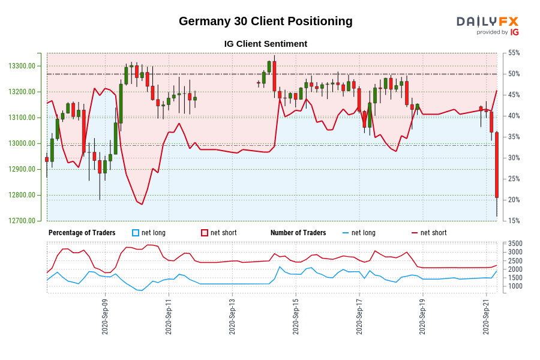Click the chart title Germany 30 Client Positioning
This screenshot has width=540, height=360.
coord(266,22)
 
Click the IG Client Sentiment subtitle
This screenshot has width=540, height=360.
coord(266,44)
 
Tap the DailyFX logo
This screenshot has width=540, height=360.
coord(488,25)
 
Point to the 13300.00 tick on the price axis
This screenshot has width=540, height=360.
coord(22,66)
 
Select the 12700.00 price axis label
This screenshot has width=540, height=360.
coord(22,221)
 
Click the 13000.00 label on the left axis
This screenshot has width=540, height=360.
coord(22,143)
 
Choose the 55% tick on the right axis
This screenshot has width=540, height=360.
coord(514,53)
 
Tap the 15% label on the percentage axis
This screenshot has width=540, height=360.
coord(514,221)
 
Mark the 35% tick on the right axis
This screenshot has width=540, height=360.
coord(514,137)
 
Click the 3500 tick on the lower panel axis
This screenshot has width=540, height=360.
coord(515,244)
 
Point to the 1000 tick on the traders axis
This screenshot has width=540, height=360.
coord(515,286)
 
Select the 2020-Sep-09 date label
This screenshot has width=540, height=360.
coord(105,317)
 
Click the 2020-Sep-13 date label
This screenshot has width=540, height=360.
coord(232,317)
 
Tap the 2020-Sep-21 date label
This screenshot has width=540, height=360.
coord(486,317)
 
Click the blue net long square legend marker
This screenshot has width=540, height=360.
coord(136,233)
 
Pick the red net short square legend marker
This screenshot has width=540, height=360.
coord(205,233)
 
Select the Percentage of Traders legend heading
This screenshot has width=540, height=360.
coord(82,233)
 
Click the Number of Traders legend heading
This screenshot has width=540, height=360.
coord(298,233)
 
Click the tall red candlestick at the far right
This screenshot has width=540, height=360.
coord(497,165)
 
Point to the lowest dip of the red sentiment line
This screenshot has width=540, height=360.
coord(142,204)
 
